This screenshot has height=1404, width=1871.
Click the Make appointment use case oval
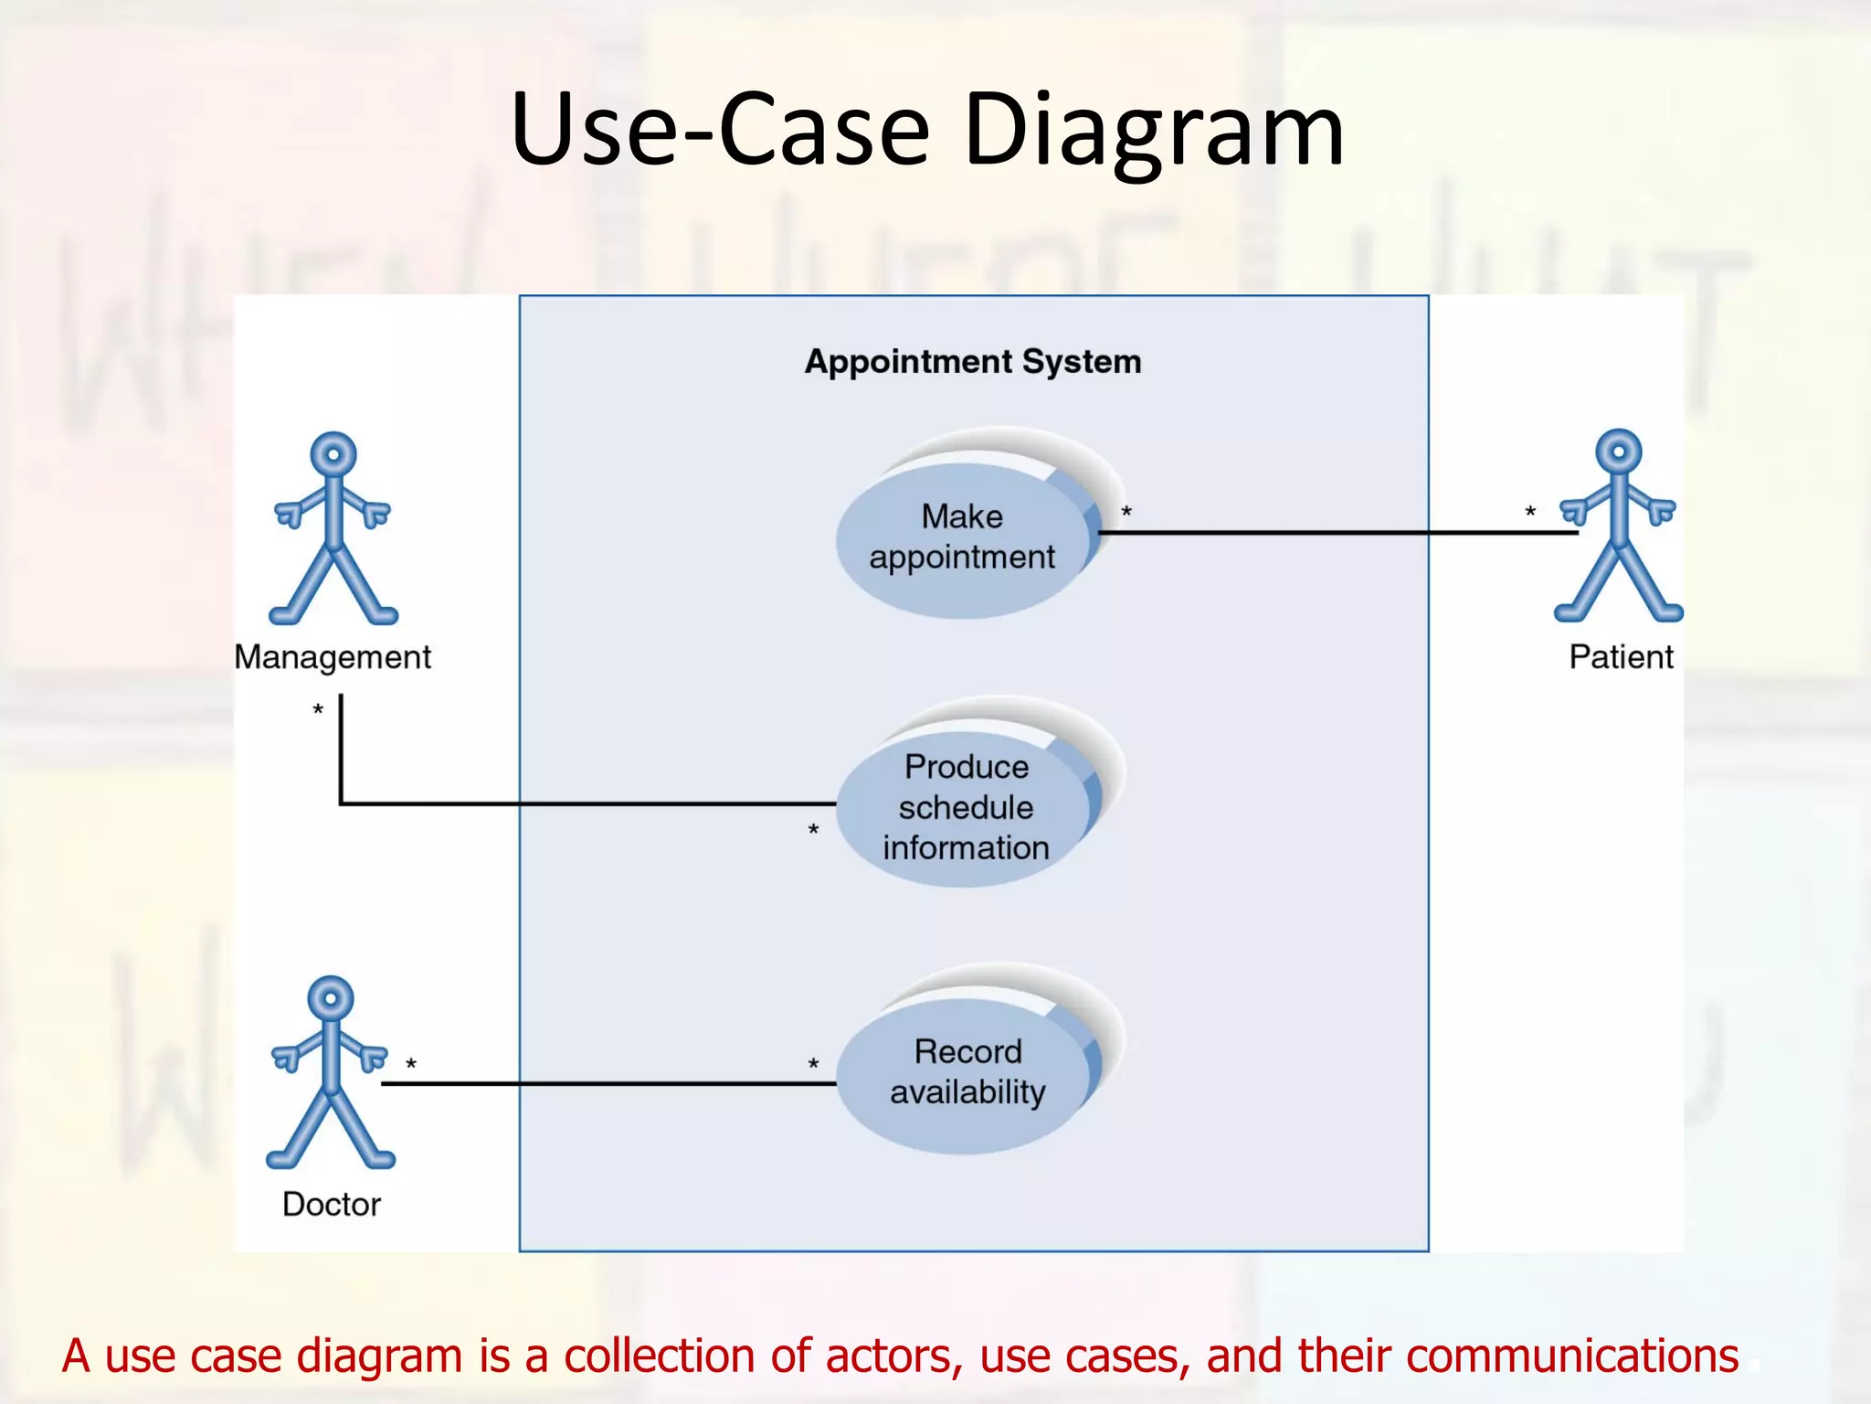click(962, 537)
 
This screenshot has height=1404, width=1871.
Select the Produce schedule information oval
click(965, 808)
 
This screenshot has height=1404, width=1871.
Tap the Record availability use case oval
click(967, 1072)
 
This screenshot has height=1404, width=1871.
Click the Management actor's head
click(333, 453)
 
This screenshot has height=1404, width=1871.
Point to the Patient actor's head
click(1618, 452)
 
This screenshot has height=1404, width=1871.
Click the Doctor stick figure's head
click(331, 997)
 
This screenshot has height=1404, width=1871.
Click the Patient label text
click(1621, 657)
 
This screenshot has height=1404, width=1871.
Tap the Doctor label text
click(331, 1204)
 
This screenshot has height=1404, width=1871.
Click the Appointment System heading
click(973, 362)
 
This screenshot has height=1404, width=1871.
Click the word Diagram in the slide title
click(1153, 130)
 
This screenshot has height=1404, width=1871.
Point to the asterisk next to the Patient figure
click(1530, 513)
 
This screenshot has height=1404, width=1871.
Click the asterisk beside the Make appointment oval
click(1126, 513)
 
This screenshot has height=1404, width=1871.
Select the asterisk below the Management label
click(318, 709)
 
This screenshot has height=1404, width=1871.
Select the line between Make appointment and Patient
click(1334, 532)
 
